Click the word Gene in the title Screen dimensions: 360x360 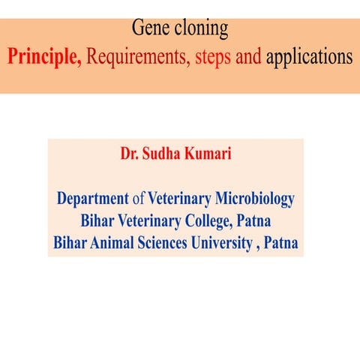click(x=149, y=29)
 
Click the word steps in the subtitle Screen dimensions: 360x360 click(x=212, y=58)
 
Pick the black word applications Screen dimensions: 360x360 click(x=308, y=58)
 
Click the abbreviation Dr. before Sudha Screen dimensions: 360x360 click(x=130, y=155)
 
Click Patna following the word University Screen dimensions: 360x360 click(x=282, y=244)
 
